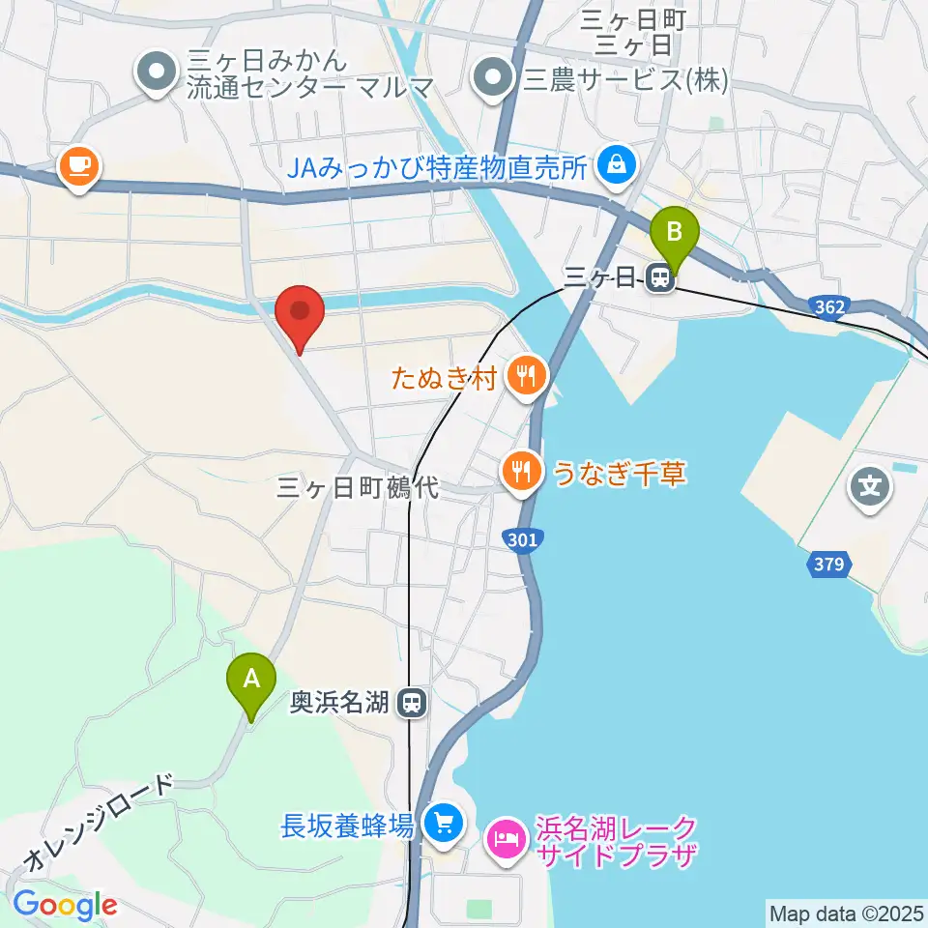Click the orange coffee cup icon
pyautogui.click(x=77, y=166)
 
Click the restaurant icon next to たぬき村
pyautogui.click(x=527, y=375)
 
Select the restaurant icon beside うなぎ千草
pyautogui.click(x=523, y=472)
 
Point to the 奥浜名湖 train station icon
pyautogui.click(x=414, y=703)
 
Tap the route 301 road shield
pyautogui.click(x=521, y=539)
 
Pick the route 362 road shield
pyautogui.click(x=829, y=307)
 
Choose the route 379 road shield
pyautogui.click(x=828, y=565)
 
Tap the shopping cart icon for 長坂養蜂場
pyautogui.click(x=444, y=824)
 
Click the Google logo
pyautogui.click(x=65, y=905)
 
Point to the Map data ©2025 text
pyautogui.click(x=847, y=913)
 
